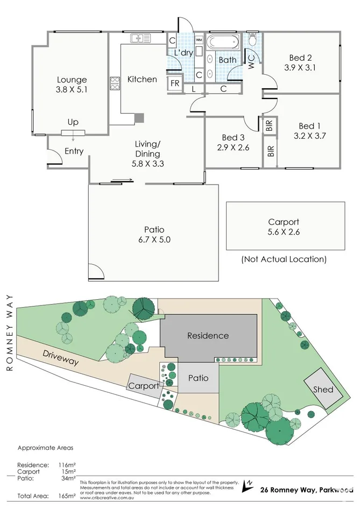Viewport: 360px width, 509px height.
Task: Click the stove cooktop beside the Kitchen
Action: tap(115, 83)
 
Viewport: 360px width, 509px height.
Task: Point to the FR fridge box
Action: tap(175, 83)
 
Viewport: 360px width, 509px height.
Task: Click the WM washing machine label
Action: tap(199, 40)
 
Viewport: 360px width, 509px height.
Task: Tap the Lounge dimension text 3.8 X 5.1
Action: tap(71, 90)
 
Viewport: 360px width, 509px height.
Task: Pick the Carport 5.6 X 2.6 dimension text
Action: tap(283, 232)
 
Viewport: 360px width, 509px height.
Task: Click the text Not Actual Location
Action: tap(284, 259)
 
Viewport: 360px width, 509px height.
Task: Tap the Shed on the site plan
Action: tap(323, 389)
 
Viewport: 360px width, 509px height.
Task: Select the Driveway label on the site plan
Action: tap(61, 357)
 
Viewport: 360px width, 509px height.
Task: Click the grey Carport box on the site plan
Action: tap(144, 386)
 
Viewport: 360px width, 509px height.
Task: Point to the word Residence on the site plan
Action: tap(208, 336)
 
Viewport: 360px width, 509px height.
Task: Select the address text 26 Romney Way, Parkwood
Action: tap(306, 490)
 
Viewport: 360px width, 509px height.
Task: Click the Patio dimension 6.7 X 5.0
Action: tap(153, 239)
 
